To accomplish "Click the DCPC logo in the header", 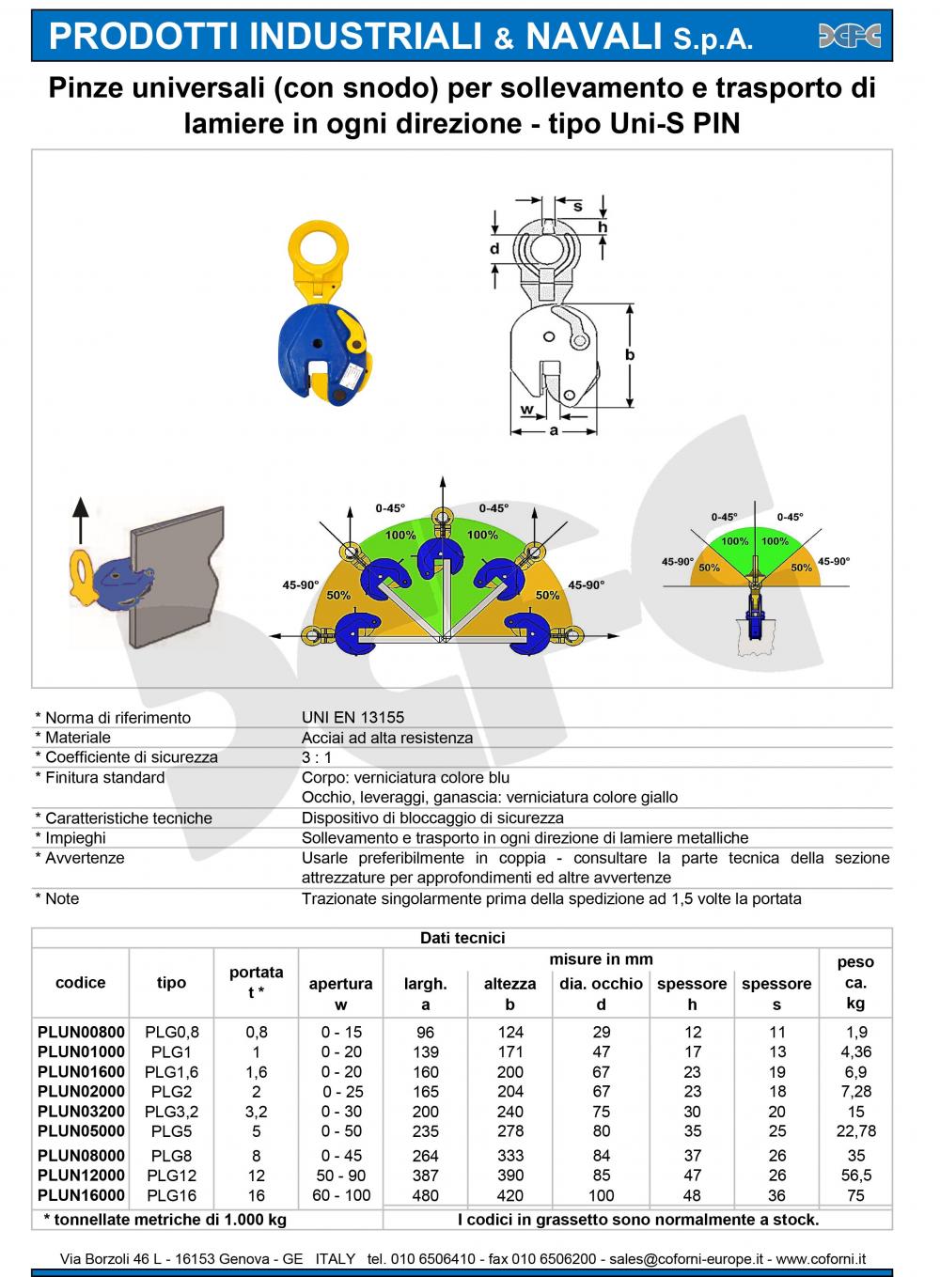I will [849, 36].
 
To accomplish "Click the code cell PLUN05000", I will [81, 1131].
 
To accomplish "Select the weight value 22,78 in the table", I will [855, 1131].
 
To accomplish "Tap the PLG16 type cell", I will [171, 1196].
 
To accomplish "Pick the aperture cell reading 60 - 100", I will [340, 1196].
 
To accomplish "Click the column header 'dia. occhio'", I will [601, 984].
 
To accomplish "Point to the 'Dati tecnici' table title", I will [462, 938].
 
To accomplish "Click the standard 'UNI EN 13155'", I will [352, 717].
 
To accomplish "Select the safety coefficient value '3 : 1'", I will [317, 756].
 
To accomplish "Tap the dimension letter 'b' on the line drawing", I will [630, 355].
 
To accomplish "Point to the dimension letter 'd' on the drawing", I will [494, 249].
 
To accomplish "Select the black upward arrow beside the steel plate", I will [80, 522].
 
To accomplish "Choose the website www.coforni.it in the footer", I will [821, 1259].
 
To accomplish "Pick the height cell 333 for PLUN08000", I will [509, 1156].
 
